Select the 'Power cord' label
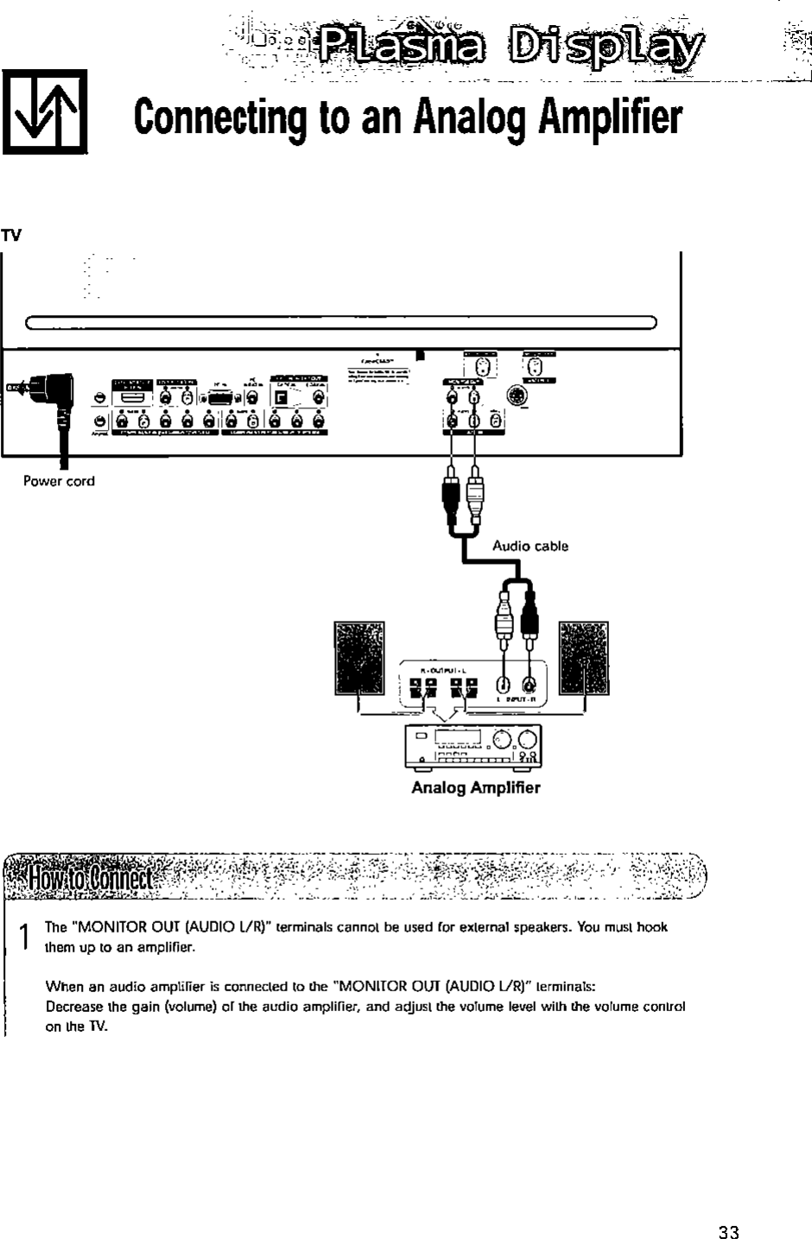[x=59, y=481]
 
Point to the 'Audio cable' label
[x=530, y=546]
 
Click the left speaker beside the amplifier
[x=358, y=658]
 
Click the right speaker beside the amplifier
[x=583, y=658]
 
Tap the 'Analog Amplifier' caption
[x=475, y=787]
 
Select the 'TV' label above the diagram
[x=11, y=235]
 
